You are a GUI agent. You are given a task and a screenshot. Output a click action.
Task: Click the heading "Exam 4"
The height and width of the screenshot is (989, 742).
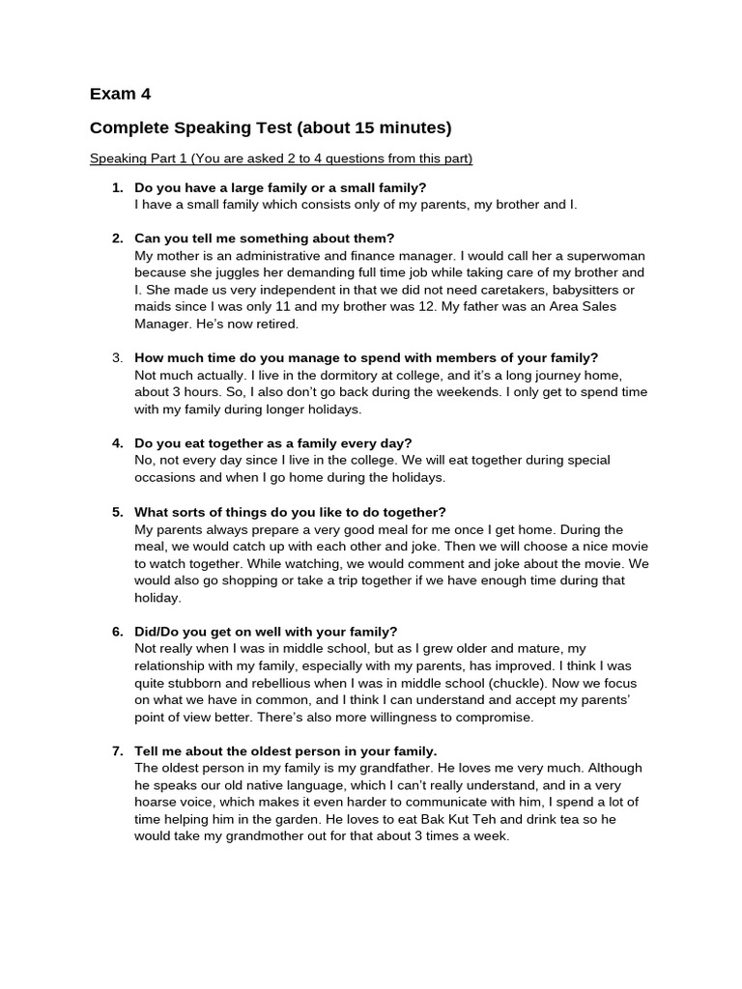pos(120,94)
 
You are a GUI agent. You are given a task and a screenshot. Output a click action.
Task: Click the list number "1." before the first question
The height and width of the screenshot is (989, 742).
pos(117,187)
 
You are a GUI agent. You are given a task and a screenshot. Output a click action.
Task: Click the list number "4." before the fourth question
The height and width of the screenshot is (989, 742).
pos(117,443)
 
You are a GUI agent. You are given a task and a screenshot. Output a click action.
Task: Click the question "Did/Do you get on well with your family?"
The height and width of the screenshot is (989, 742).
pos(266,632)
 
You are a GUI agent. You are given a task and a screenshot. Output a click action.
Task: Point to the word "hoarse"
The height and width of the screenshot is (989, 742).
pos(158,803)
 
